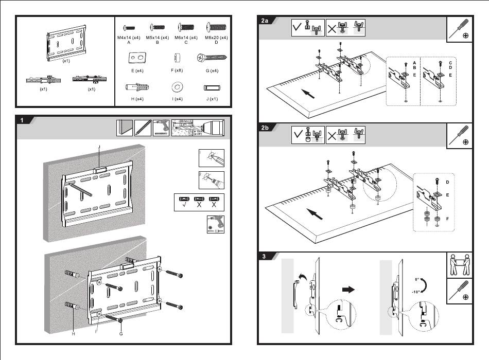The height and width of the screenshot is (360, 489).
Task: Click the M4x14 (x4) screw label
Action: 129,38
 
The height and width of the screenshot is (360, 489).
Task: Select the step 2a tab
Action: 265,21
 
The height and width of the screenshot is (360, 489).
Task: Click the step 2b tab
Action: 265,129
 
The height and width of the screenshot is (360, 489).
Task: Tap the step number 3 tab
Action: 264,257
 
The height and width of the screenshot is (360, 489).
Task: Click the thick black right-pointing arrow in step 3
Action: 350,290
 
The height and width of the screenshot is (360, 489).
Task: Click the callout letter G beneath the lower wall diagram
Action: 121,334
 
